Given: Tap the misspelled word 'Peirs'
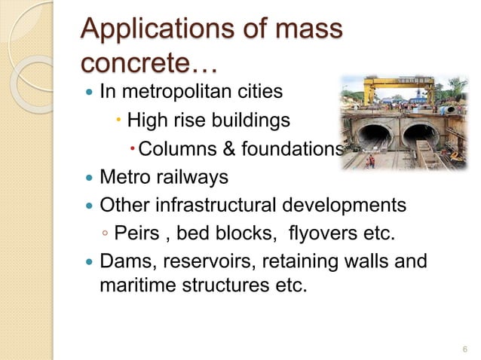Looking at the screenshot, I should tap(135, 233).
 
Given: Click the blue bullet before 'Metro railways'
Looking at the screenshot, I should tap(90, 178).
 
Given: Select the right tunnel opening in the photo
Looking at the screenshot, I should tap(420, 136).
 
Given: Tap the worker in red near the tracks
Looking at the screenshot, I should tap(369, 160).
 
